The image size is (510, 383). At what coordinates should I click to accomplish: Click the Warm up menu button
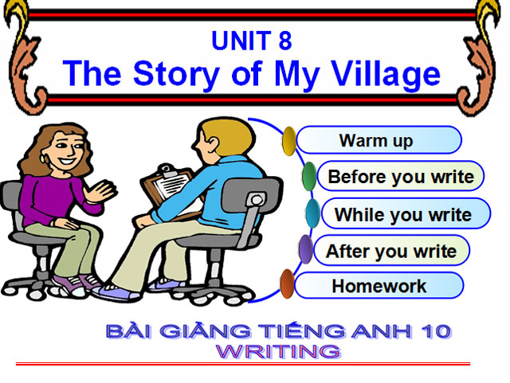click(x=377, y=141)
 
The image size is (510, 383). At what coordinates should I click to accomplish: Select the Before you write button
click(x=400, y=177)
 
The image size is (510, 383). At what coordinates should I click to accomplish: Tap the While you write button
click(x=402, y=214)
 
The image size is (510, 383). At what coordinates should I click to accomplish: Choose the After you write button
click(x=390, y=252)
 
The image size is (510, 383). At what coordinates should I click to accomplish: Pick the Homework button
click(x=379, y=286)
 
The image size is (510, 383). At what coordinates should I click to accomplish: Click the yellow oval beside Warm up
click(x=289, y=141)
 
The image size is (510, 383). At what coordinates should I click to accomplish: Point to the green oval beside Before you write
click(x=309, y=176)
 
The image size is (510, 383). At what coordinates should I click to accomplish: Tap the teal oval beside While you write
click(x=313, y=213)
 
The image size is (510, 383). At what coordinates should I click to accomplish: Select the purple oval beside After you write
click(x=305, y=250)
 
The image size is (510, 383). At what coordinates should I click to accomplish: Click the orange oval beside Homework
click(x=288, y=283)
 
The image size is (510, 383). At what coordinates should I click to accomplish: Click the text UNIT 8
click(x=251, y=40)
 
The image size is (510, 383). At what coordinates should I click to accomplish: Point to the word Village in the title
click(x=381, y=73)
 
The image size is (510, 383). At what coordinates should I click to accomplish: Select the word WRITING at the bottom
click(x=279, y=350)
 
